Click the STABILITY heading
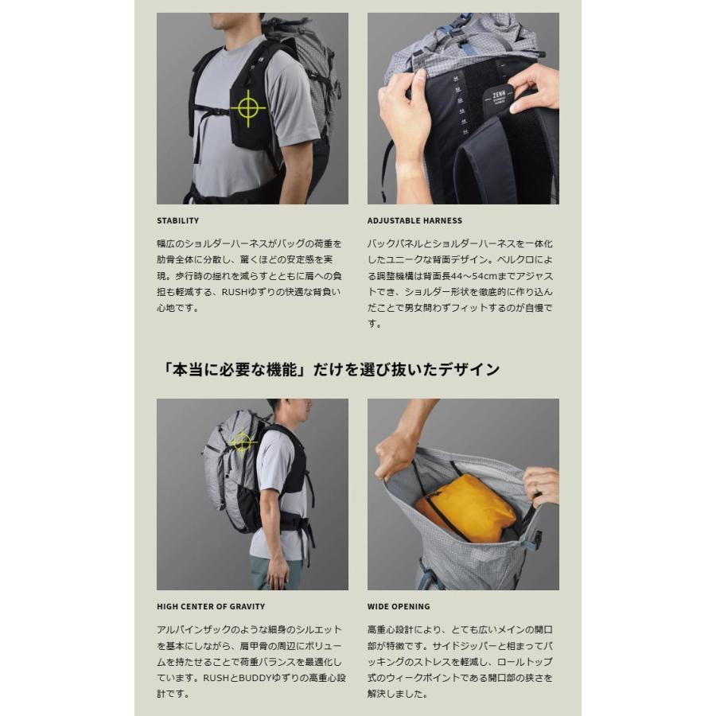[177, 220]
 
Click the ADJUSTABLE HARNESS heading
[414, 220]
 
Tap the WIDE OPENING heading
[398, 606]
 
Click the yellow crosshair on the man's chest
[247, 107]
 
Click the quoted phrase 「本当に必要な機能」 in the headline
[231, 369]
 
